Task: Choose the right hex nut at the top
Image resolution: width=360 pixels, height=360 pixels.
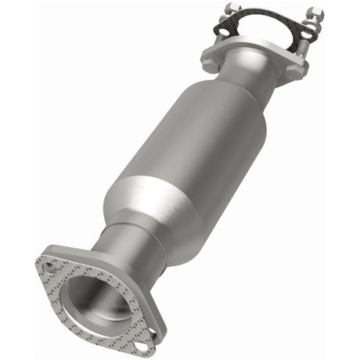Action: (315, 14)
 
